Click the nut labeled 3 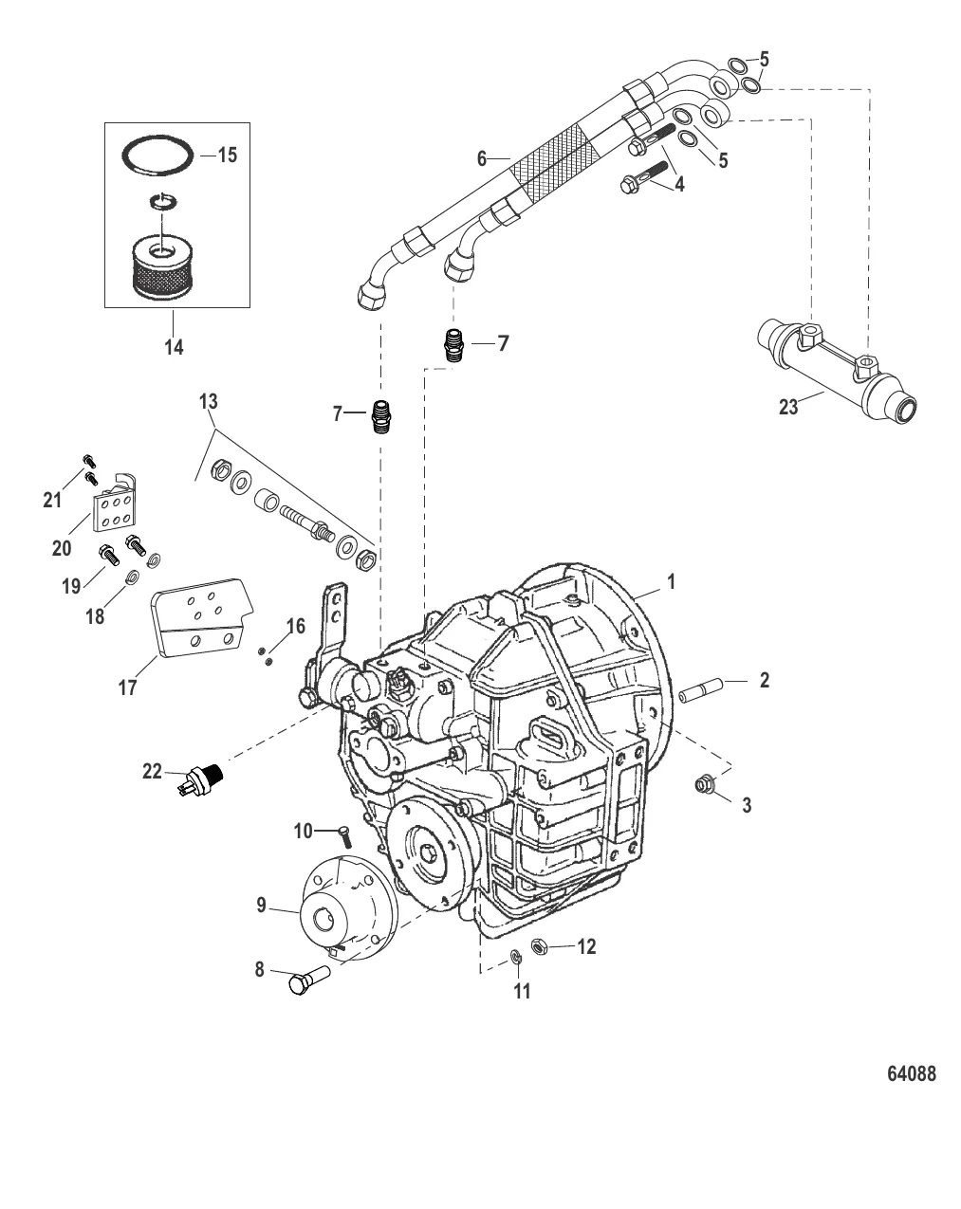705,783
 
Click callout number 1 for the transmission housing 671,581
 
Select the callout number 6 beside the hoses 483,158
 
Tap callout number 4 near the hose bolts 678,184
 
